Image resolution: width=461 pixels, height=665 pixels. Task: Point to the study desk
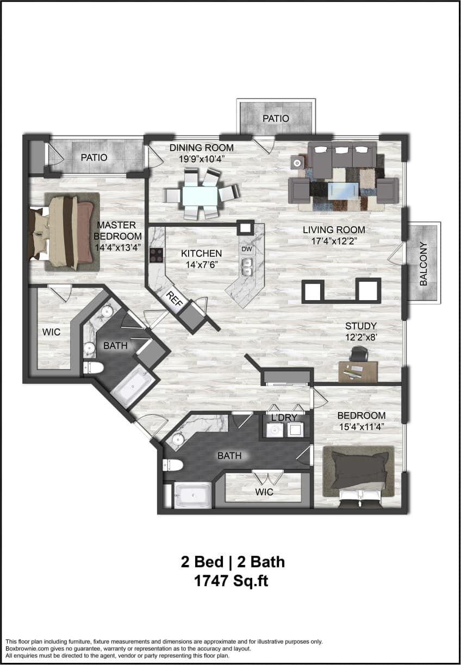[x=358, y=371]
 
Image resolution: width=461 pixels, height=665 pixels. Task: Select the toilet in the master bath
[x=94, y=368]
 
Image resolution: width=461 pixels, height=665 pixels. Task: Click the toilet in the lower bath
[x=173, y=465]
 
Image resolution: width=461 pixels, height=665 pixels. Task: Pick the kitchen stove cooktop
[x=157, y=255]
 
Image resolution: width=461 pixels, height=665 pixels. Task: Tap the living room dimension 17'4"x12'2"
[x=334, y=240]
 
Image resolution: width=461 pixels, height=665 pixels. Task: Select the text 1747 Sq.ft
[x=231, y=581]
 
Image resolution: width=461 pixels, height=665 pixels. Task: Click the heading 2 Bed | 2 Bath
[x=232, y=562]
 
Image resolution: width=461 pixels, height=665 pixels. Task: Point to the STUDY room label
[x=360, y=326]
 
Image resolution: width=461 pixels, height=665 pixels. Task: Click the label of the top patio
[x=276, y=118]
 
